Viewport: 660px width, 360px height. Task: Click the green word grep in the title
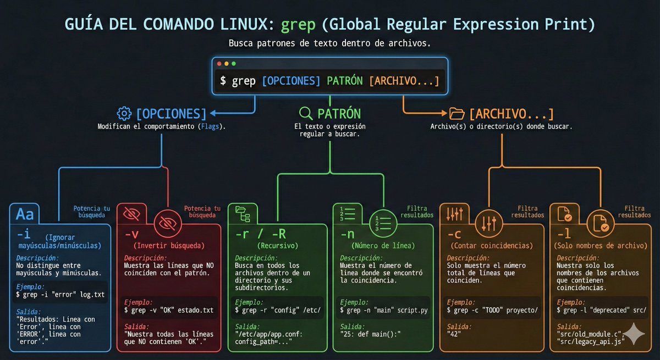pos(298,25)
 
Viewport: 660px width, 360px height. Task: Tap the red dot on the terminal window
pos(220,64)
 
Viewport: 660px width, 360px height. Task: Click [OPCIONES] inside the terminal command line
pos(291,81)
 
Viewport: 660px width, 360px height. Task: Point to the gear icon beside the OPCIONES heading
pos(124,114)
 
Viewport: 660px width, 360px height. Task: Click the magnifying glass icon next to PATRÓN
pos(305,114)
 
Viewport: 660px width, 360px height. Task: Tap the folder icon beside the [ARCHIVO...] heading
pos(457,114)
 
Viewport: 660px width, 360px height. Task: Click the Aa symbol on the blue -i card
pos(25,213)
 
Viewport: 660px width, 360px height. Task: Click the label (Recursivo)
pos(277,245)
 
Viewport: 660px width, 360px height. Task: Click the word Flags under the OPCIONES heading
pos(210,126)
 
